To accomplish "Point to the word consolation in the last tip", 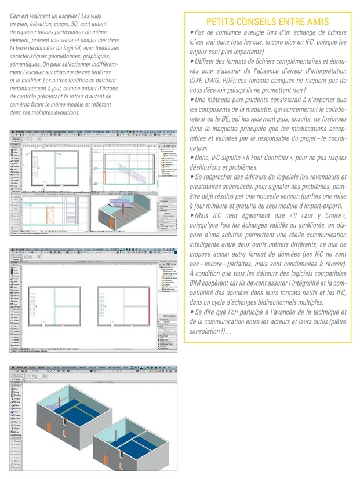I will click(206, 331).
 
